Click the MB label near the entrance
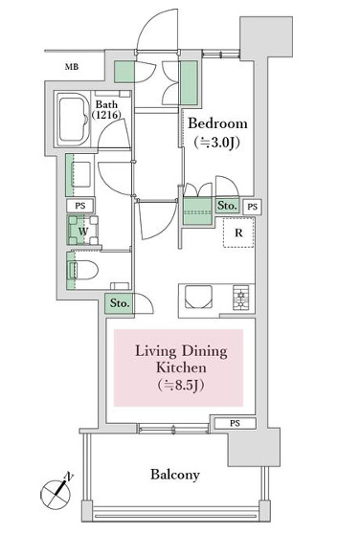[x=72, y=67]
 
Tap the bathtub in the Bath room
[x=73, y=120]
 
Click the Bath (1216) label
[x=106, y=109]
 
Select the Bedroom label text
[x=217, y=123]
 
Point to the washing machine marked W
[x=83, y=231]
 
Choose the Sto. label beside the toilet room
[x=120, y=303]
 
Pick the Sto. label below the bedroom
[x=227, y=206]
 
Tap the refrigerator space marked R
[x=238, y=233]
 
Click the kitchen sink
[x=198, y=297]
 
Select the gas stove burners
[x=241, y=298]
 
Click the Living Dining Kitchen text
[x=181, y=359]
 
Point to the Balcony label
[x=175, y=475]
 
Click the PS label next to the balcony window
[x=235, y=424]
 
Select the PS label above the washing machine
[x=80, y=206]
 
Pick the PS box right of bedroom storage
[x=253, y=207]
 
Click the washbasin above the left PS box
[x=80, y=174]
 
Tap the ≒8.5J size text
[x=181, y=386]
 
